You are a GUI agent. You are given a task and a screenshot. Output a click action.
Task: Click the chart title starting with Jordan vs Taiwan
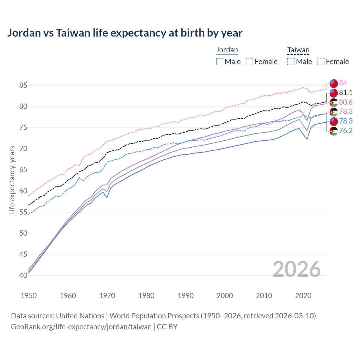point(125,33)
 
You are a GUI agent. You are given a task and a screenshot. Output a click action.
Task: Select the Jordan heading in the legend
point(227,50)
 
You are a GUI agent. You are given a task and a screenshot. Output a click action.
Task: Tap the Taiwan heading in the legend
point(298,50)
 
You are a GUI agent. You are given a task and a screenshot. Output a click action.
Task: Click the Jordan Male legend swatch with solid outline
point(220,62)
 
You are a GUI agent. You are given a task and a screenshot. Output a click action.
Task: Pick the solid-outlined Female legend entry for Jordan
point(262,62)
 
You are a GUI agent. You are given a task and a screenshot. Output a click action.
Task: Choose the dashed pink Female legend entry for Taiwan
point(333,62)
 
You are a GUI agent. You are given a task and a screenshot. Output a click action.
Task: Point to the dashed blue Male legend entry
point(300,62)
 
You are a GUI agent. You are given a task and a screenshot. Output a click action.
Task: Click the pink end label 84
point(343,83)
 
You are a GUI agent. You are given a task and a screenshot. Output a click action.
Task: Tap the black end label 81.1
point(345,93)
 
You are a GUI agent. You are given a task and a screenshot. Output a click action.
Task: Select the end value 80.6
point(345,102)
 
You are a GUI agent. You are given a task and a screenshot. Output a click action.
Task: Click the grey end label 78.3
point(345,112)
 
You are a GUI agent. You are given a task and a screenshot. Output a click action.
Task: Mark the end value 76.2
point(345,130)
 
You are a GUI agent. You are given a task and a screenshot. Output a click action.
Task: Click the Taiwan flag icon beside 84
point(333,84)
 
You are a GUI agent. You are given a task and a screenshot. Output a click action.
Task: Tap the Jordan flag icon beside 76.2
point(333,131)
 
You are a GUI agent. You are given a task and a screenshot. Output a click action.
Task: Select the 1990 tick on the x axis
point(186,296)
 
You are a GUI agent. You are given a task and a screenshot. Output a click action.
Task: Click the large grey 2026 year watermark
point(296,269)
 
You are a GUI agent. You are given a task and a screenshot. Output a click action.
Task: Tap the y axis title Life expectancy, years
point(12,180)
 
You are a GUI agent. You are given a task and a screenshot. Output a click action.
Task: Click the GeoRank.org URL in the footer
point(81,327)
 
